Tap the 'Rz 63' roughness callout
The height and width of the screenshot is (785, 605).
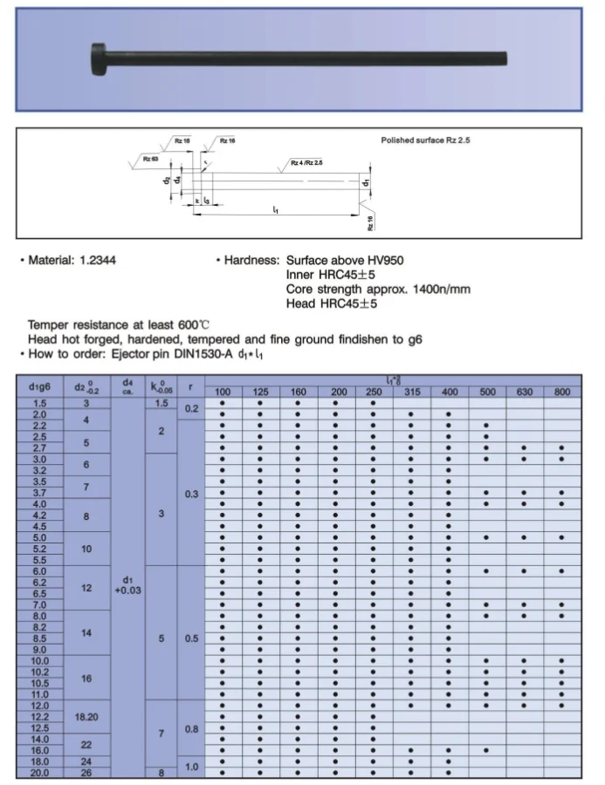coord(150,160)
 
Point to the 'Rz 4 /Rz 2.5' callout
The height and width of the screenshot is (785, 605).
coord(306,162)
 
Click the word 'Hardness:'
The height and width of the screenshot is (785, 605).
coord(248,261)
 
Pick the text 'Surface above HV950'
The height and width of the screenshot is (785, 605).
coord(345,261)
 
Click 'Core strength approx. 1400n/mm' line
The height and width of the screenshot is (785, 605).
coord(378,289)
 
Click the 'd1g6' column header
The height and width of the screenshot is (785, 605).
coord(40,386)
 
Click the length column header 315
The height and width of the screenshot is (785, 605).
coord(411,392)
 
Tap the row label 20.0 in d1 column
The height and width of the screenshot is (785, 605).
coord(40,772)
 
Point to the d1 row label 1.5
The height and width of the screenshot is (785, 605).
coord(40,403)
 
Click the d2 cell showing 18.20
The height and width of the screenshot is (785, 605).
coord(86,716)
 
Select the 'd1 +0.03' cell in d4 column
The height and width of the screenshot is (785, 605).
coord(128,584)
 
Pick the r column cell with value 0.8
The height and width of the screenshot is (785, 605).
coord(191,727)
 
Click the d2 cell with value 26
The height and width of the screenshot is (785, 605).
coord(86,772)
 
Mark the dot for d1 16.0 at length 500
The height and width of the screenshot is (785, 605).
coord(485,749)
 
